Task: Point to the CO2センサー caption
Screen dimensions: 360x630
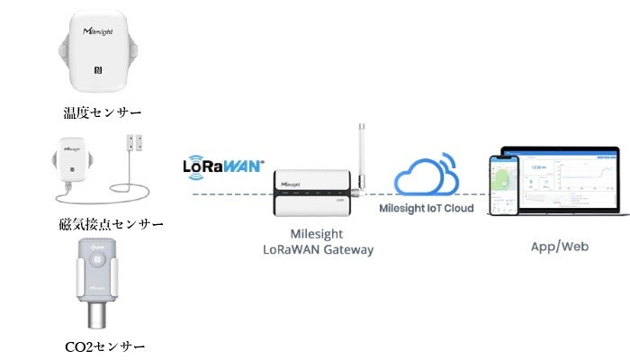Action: pyautogui.click(x=103, y=346)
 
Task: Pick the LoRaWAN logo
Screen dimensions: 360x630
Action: pyautogui.click(x=223, y=166)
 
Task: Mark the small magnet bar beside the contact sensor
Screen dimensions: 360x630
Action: pyautogui.click(x=137, y=141)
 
